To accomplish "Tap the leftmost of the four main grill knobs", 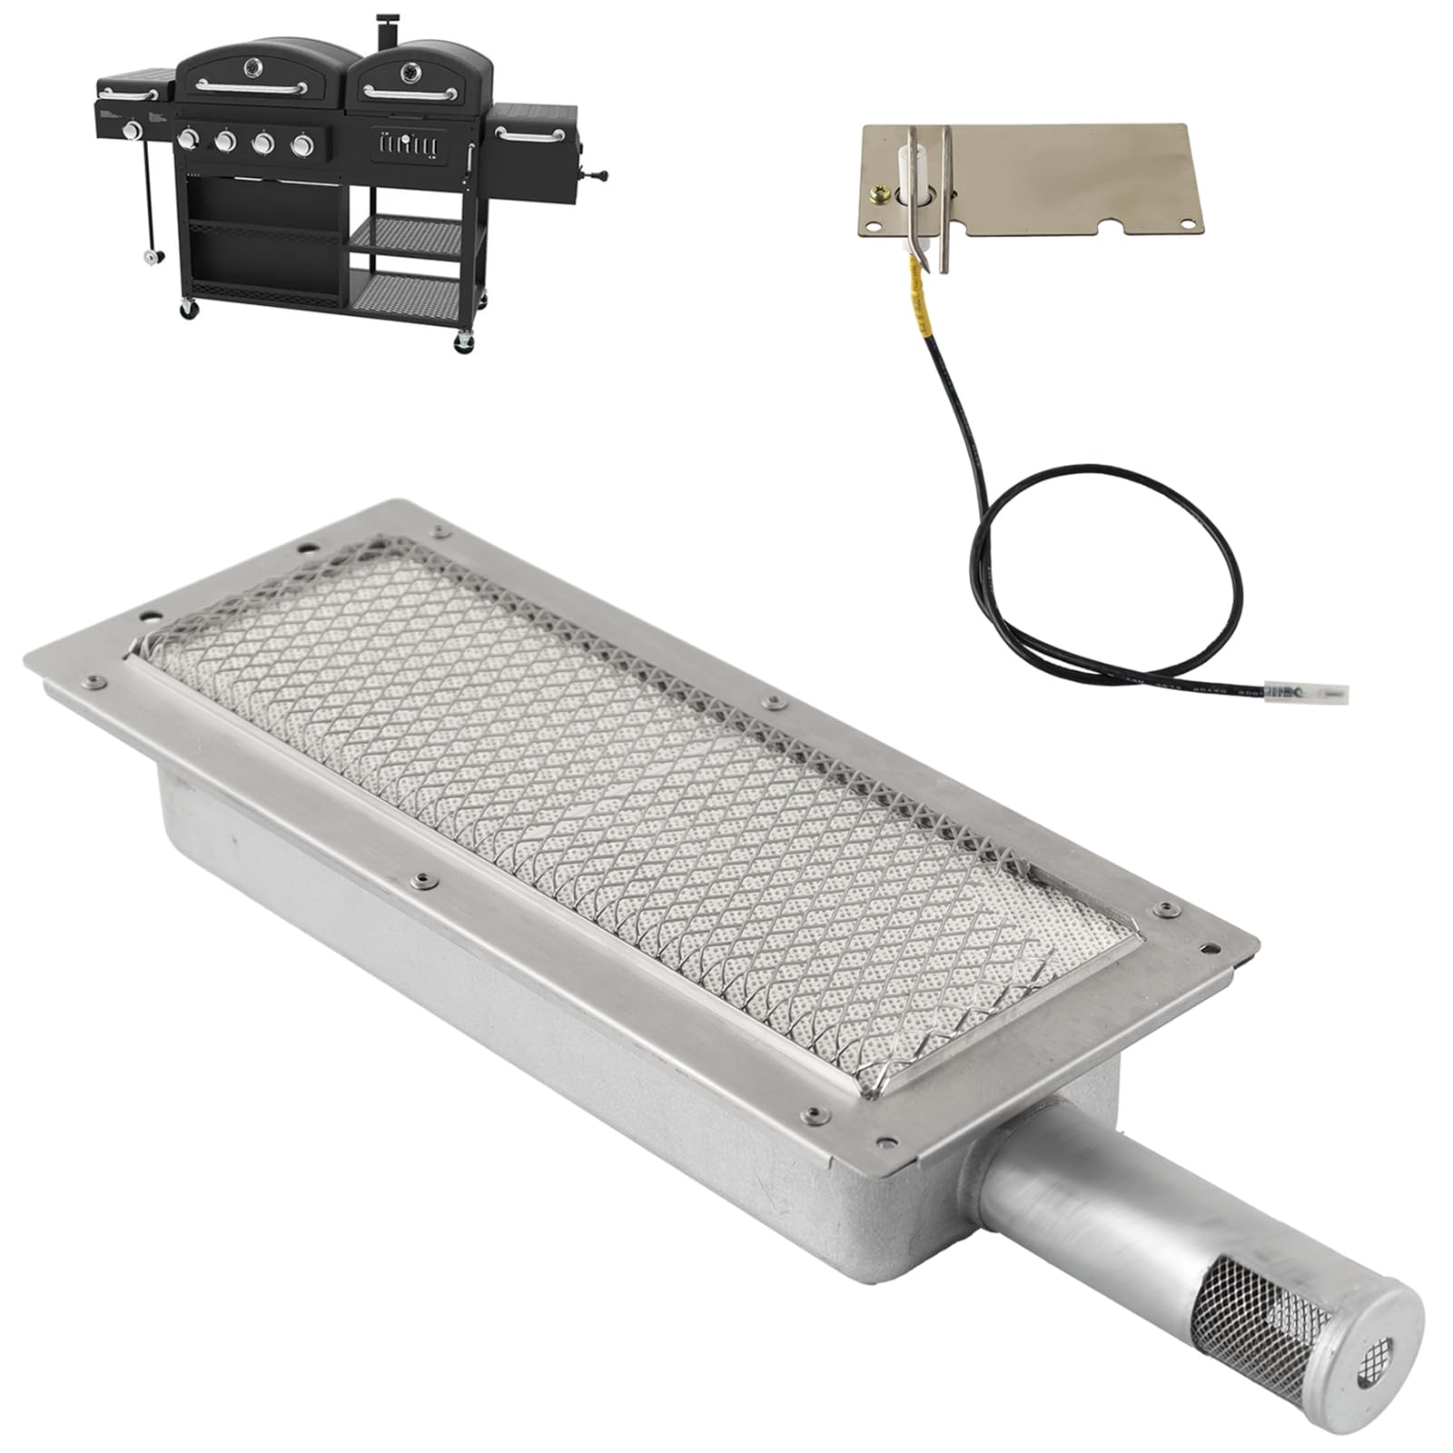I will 189,139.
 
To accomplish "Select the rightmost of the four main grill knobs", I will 301,143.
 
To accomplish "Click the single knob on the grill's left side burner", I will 133,131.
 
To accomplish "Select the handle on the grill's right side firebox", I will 529,135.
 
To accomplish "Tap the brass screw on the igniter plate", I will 879,193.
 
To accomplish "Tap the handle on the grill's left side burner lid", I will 129,91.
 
